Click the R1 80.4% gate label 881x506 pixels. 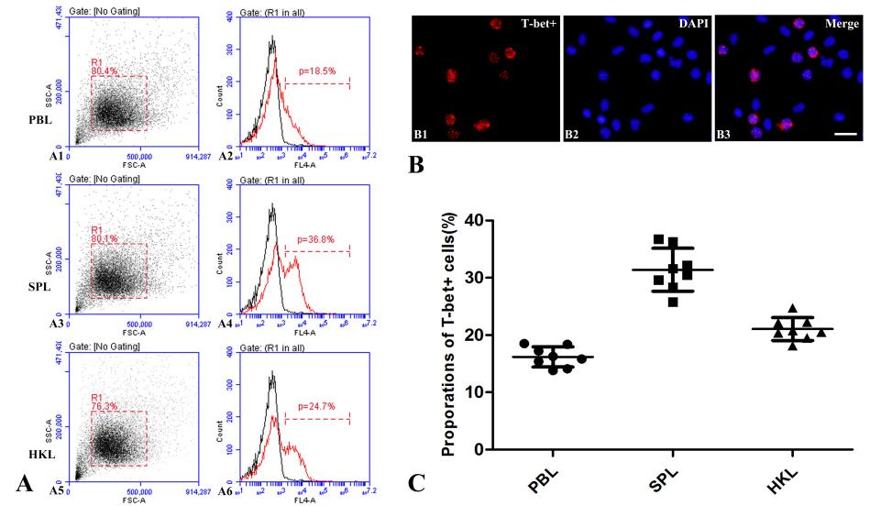point(104,66)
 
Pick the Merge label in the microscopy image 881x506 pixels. point(842,23)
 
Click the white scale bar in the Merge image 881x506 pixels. point(846,134)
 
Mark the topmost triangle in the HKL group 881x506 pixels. point(793,310)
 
